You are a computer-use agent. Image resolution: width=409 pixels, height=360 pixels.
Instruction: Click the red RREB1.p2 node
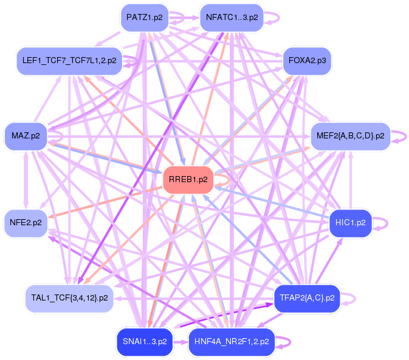tap(188, 179)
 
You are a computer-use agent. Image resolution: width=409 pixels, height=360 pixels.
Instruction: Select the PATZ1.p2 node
tap(145, 17)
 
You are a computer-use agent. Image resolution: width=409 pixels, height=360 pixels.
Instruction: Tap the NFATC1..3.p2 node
tap(232, 17)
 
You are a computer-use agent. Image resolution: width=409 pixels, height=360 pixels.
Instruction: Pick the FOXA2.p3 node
tap(307, 61)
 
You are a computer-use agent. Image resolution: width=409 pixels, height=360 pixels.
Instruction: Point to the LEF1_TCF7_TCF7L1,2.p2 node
tap(69, 61)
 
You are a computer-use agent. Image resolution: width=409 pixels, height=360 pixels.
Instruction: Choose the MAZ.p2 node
tap(25, 135)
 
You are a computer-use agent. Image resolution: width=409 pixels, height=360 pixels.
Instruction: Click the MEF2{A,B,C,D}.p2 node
tap(350, 135)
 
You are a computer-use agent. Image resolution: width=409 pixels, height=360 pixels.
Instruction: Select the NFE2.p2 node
tap(25, 223)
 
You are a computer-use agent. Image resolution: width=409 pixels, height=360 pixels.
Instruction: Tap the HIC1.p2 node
tap(350, 223)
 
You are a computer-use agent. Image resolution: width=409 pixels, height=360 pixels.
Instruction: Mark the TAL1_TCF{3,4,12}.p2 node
tap(69, 297)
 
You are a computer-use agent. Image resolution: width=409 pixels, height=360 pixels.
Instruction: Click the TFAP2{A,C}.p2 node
tap(307, 297)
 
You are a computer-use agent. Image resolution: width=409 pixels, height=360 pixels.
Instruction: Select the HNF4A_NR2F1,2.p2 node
tap(232, 341)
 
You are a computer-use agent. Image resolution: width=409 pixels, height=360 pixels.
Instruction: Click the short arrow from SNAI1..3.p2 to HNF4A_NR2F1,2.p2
tap(180, 342)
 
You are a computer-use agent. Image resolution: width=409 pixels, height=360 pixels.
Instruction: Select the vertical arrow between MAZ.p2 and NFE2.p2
tap(25, 179)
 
